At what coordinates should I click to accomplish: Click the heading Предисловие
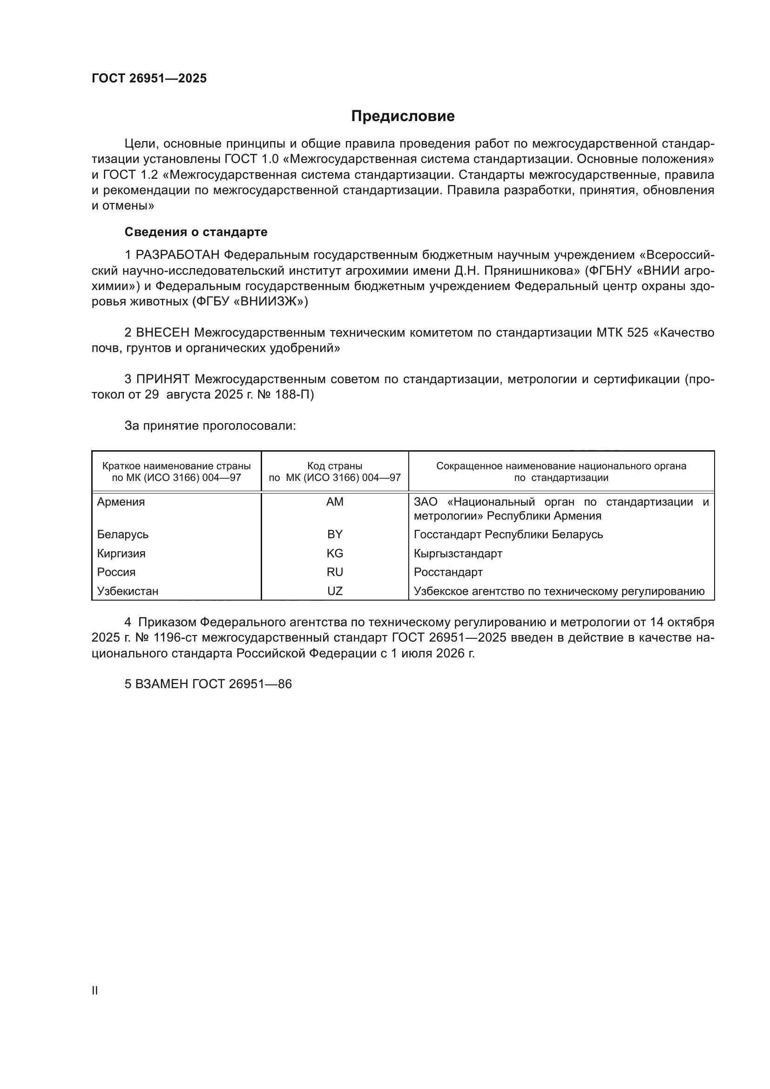403,116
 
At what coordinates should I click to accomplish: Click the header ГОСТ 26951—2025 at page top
149,79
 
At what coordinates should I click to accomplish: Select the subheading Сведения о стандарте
196,232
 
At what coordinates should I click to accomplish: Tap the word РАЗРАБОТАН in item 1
178,255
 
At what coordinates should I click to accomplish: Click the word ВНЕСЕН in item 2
162,333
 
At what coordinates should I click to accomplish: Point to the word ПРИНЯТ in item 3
163,379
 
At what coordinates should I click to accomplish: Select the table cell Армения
121,502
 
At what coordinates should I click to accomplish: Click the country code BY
335,534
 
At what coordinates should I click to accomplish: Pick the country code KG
335,554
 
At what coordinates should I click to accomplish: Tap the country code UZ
335,591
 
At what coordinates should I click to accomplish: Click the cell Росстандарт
448,573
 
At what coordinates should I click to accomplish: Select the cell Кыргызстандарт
458,554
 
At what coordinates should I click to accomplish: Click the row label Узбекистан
128,591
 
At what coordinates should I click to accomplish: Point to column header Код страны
335,466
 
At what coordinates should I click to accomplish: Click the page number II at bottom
95,990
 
